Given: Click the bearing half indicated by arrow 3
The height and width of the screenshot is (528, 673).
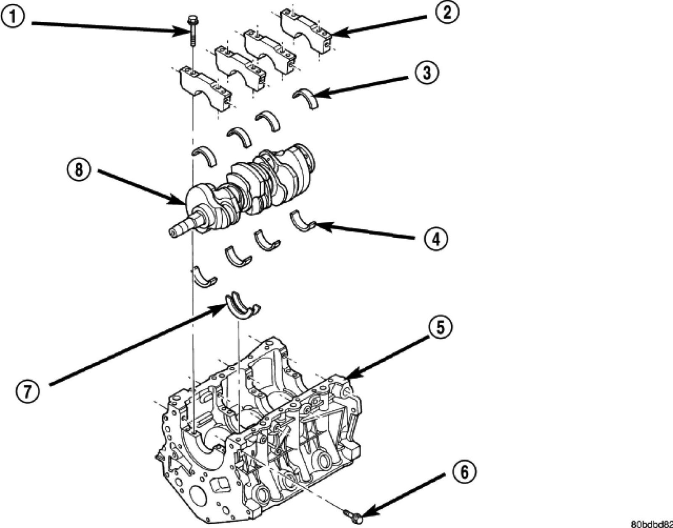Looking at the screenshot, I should (x=306, y=98).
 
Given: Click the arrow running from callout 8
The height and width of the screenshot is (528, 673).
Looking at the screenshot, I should (x=139, y=187).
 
